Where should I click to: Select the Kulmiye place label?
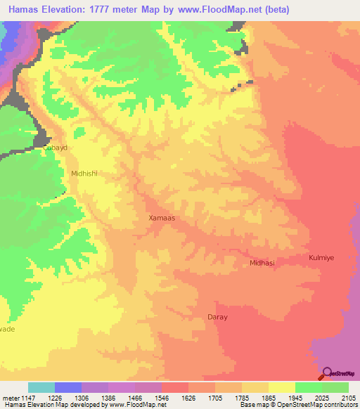[322, 258]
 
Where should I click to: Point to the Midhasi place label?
[262, 263]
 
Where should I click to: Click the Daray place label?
[217, 317]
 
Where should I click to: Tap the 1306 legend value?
[82, 398]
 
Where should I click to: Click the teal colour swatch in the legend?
[41, 387]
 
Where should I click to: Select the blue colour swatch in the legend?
[68, 387]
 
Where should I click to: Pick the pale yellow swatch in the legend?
[281, 387]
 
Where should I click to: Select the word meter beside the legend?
[9, 398]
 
